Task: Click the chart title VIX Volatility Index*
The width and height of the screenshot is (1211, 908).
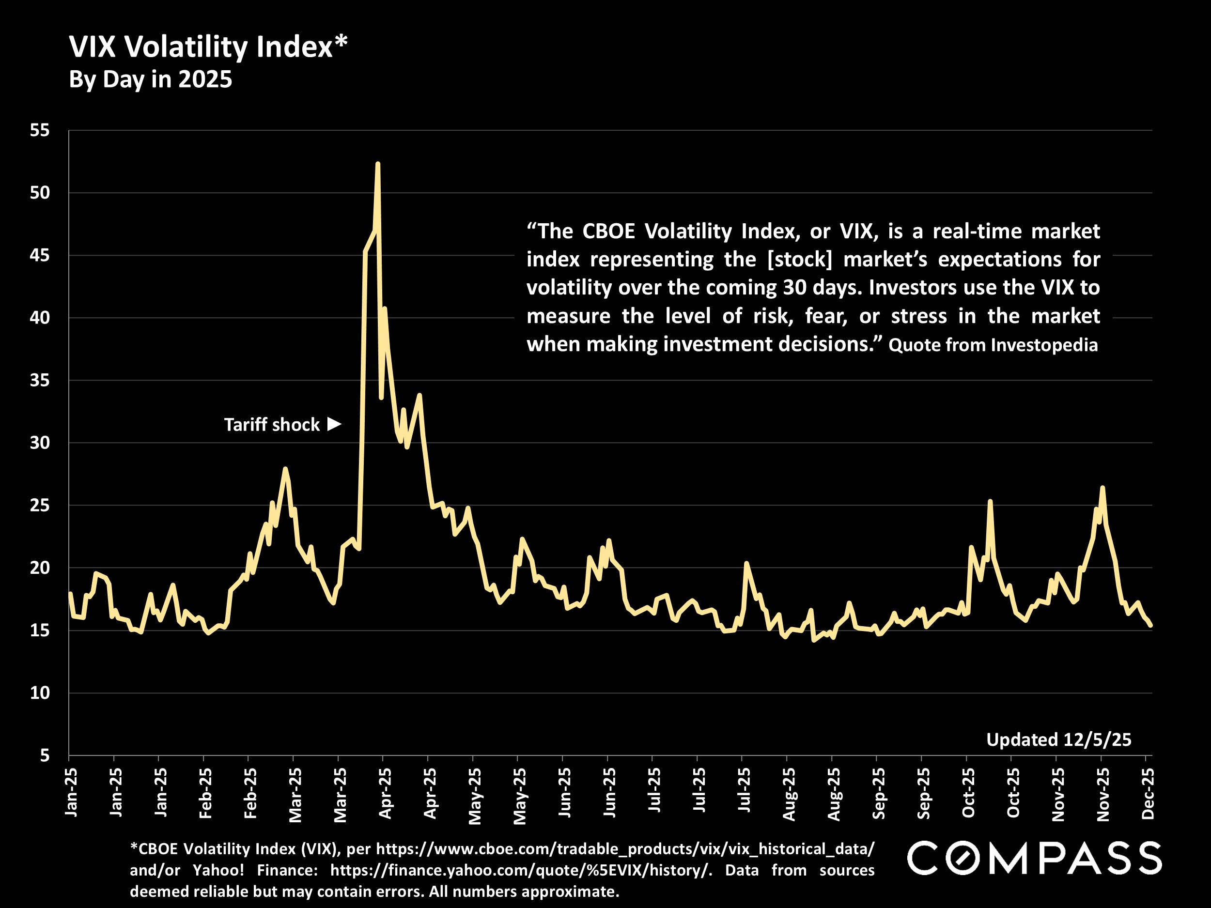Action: [208, 47]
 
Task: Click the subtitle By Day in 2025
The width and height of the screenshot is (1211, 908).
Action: [151, 80]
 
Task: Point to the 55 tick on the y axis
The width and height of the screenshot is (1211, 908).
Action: [39, 130]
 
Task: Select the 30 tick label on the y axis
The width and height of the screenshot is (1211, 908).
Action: [39, 443]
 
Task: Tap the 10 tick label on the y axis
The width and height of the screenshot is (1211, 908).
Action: [39, 693]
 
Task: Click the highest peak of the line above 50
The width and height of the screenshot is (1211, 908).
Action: [378, 164]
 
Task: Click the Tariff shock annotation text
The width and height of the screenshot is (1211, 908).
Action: [272, 425]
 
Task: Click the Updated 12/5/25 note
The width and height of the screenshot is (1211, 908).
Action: [1058, 740]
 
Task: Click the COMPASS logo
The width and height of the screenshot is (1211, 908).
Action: [1034, 858]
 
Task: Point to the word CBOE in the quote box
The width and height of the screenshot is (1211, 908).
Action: [608, 231]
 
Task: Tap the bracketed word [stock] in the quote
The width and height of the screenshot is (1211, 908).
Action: [799, 260]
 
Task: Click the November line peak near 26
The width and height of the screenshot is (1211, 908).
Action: [1102, 488]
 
